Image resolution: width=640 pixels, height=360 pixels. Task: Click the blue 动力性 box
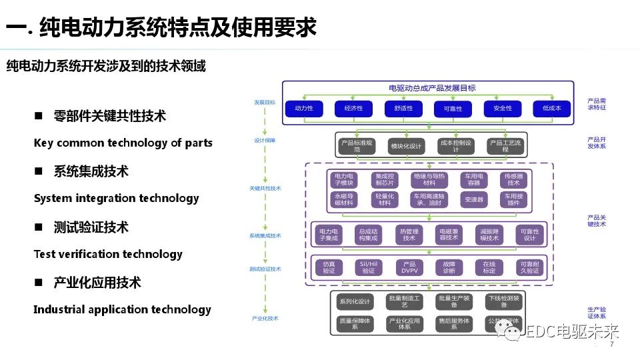click(304, 108)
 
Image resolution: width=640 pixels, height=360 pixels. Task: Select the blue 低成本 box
click(551, 108)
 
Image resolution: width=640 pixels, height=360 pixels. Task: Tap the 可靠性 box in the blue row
click(453, 108)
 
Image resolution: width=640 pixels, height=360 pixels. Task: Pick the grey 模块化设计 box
click(406, 146)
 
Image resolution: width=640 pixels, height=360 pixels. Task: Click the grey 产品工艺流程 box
click(505, 146)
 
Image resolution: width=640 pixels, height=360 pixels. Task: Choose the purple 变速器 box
click(474, 199)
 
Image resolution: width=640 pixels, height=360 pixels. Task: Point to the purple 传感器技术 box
click(513, 179)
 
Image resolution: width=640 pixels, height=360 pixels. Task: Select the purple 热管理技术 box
click(409, 235)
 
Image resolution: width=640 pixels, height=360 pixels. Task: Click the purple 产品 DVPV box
click(409, 267)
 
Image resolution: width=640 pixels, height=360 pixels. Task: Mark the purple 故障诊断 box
click(449, 267)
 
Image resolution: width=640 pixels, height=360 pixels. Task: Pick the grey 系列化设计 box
click(354, 301)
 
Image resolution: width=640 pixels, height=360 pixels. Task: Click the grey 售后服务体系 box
click(454, 324)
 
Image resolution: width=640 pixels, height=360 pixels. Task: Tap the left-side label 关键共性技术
click(265, 189)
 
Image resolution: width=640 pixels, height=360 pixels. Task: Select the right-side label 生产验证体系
click(597, 313)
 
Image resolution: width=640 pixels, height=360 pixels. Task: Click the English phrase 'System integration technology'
click(116, 198)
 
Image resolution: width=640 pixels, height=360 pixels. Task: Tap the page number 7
click(611, 345)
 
